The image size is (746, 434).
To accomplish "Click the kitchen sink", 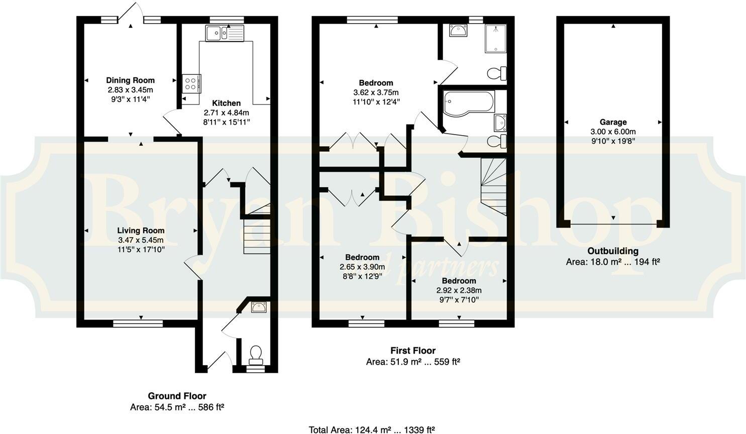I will point(225,33).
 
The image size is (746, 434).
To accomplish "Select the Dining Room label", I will point(130,80).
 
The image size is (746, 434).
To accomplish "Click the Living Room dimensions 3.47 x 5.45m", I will point(141,240).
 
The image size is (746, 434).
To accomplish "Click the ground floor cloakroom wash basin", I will point(259,307).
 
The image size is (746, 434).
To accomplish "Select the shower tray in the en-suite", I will point(495,39).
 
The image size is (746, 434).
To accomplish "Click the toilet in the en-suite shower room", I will point(497,74).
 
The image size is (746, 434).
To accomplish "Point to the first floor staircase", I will point(494,186).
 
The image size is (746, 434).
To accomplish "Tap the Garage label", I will point(613,122).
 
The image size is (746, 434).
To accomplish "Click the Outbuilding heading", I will point(613,251).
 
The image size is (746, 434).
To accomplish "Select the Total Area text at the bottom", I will point(372,429).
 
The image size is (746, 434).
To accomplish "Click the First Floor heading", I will point(413,351).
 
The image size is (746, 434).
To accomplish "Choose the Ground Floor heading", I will point(177,396).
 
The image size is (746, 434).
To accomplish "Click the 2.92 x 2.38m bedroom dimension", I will point(459,290).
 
